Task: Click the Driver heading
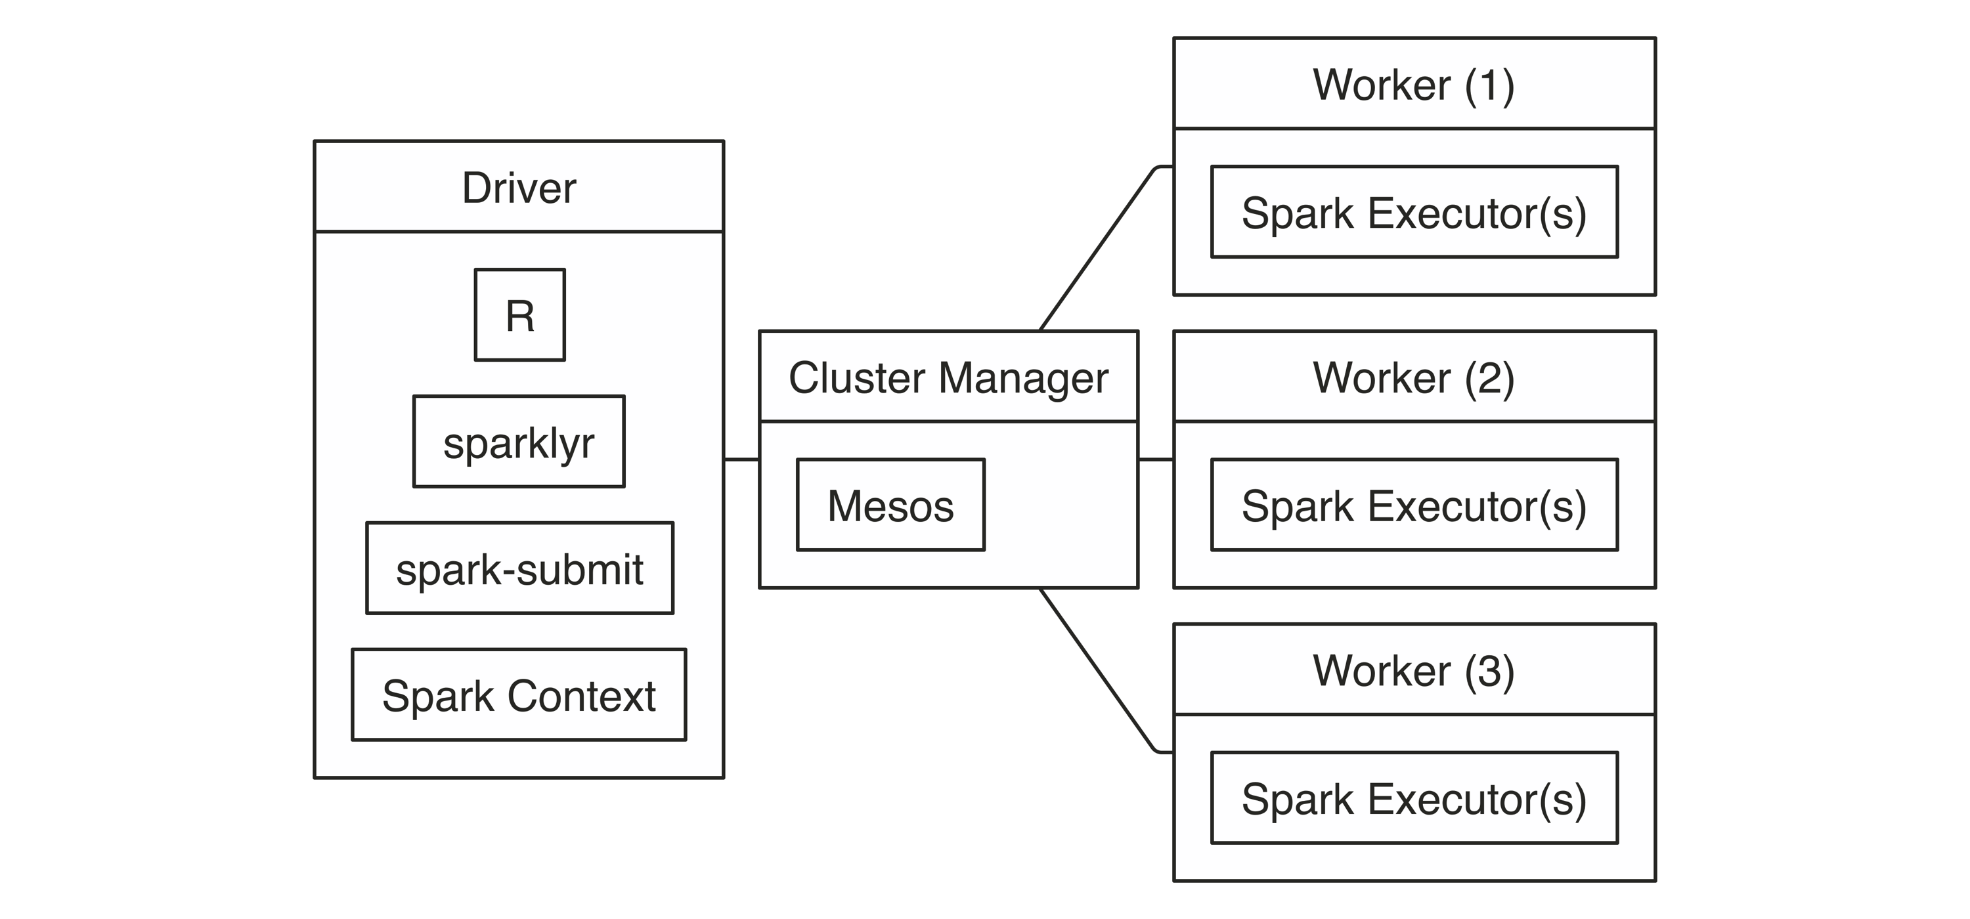tap(519, 188)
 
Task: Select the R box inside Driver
tap(520, 314)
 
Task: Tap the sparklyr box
tap(519, 441)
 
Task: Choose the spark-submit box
tap(520, 568)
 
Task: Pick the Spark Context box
tap(519, 695)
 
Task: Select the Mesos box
tap(891, 505)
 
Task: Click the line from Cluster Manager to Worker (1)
tap(1101, 245)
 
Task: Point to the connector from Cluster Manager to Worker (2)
tap(1156, 460)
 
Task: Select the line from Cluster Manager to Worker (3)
tap(1101, 674)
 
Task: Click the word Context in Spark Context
tap(582, 696)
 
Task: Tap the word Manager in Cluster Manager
tap(1023, 379)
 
